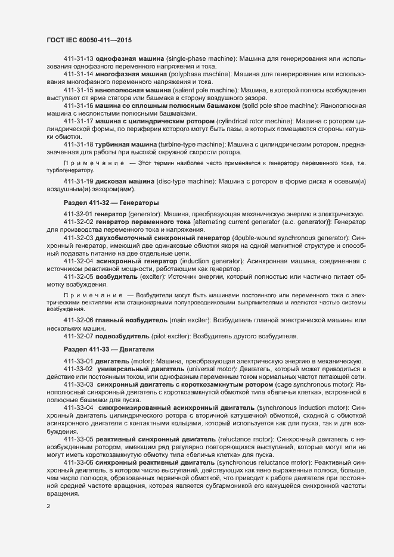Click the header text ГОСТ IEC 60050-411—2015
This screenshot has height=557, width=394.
click(x=89, y=40)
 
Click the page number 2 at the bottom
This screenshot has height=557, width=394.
click(x=48, y=507)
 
